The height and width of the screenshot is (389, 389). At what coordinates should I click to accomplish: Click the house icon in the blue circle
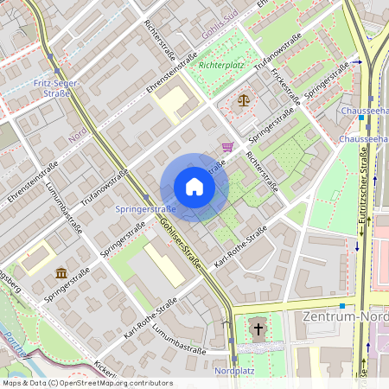194,186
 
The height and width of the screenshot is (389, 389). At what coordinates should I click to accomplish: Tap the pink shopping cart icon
227,147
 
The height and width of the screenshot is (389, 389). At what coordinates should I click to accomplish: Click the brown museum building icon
61,274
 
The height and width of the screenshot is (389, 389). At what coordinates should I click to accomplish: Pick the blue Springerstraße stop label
145,209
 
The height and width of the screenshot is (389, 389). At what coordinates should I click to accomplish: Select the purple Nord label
79,134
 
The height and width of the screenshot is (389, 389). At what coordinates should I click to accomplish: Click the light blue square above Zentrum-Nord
342,305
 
